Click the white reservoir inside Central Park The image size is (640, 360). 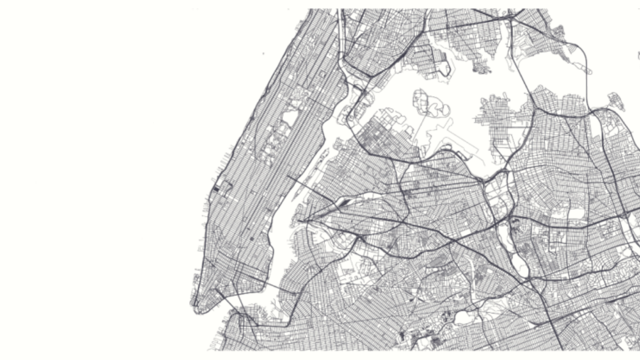(x=290, y=117)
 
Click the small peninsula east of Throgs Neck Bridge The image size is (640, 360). (x=616, y=102)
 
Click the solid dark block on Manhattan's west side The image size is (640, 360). (x=217, y=189)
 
